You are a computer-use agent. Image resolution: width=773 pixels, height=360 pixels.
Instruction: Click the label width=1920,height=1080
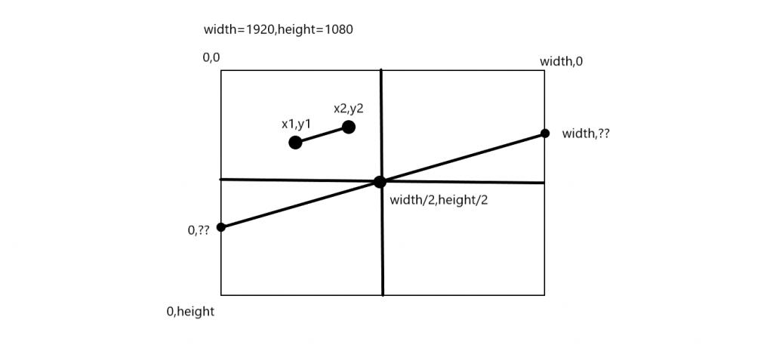click(x=279, y=31)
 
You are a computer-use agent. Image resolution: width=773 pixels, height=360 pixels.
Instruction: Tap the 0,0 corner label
click(x=211, y=57)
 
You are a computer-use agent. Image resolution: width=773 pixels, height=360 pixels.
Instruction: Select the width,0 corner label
click(x=561, y=62)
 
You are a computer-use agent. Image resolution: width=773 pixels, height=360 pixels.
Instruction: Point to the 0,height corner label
click(x=191, y=311)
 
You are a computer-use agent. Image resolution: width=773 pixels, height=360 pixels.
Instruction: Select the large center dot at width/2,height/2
click(x=380, y=182)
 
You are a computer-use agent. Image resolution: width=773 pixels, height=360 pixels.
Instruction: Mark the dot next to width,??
click(x=544, y=134)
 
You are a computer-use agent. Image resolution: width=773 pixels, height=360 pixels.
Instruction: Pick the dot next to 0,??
click(x=221, y=227)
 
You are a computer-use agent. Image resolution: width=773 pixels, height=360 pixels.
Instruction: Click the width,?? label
click(x=587, y=134)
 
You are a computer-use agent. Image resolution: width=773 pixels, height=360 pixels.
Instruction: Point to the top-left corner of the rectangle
click(x=221, y=70)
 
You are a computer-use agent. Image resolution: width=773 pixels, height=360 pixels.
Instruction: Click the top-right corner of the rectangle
click(x=544, y=70)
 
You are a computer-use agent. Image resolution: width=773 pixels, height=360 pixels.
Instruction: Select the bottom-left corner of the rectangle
click(x=221, y=294)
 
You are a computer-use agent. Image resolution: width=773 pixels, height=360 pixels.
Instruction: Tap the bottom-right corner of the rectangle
click(x=544, y=294)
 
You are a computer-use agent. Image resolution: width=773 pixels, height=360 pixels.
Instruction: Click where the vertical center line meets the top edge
click(x=381, y=70)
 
